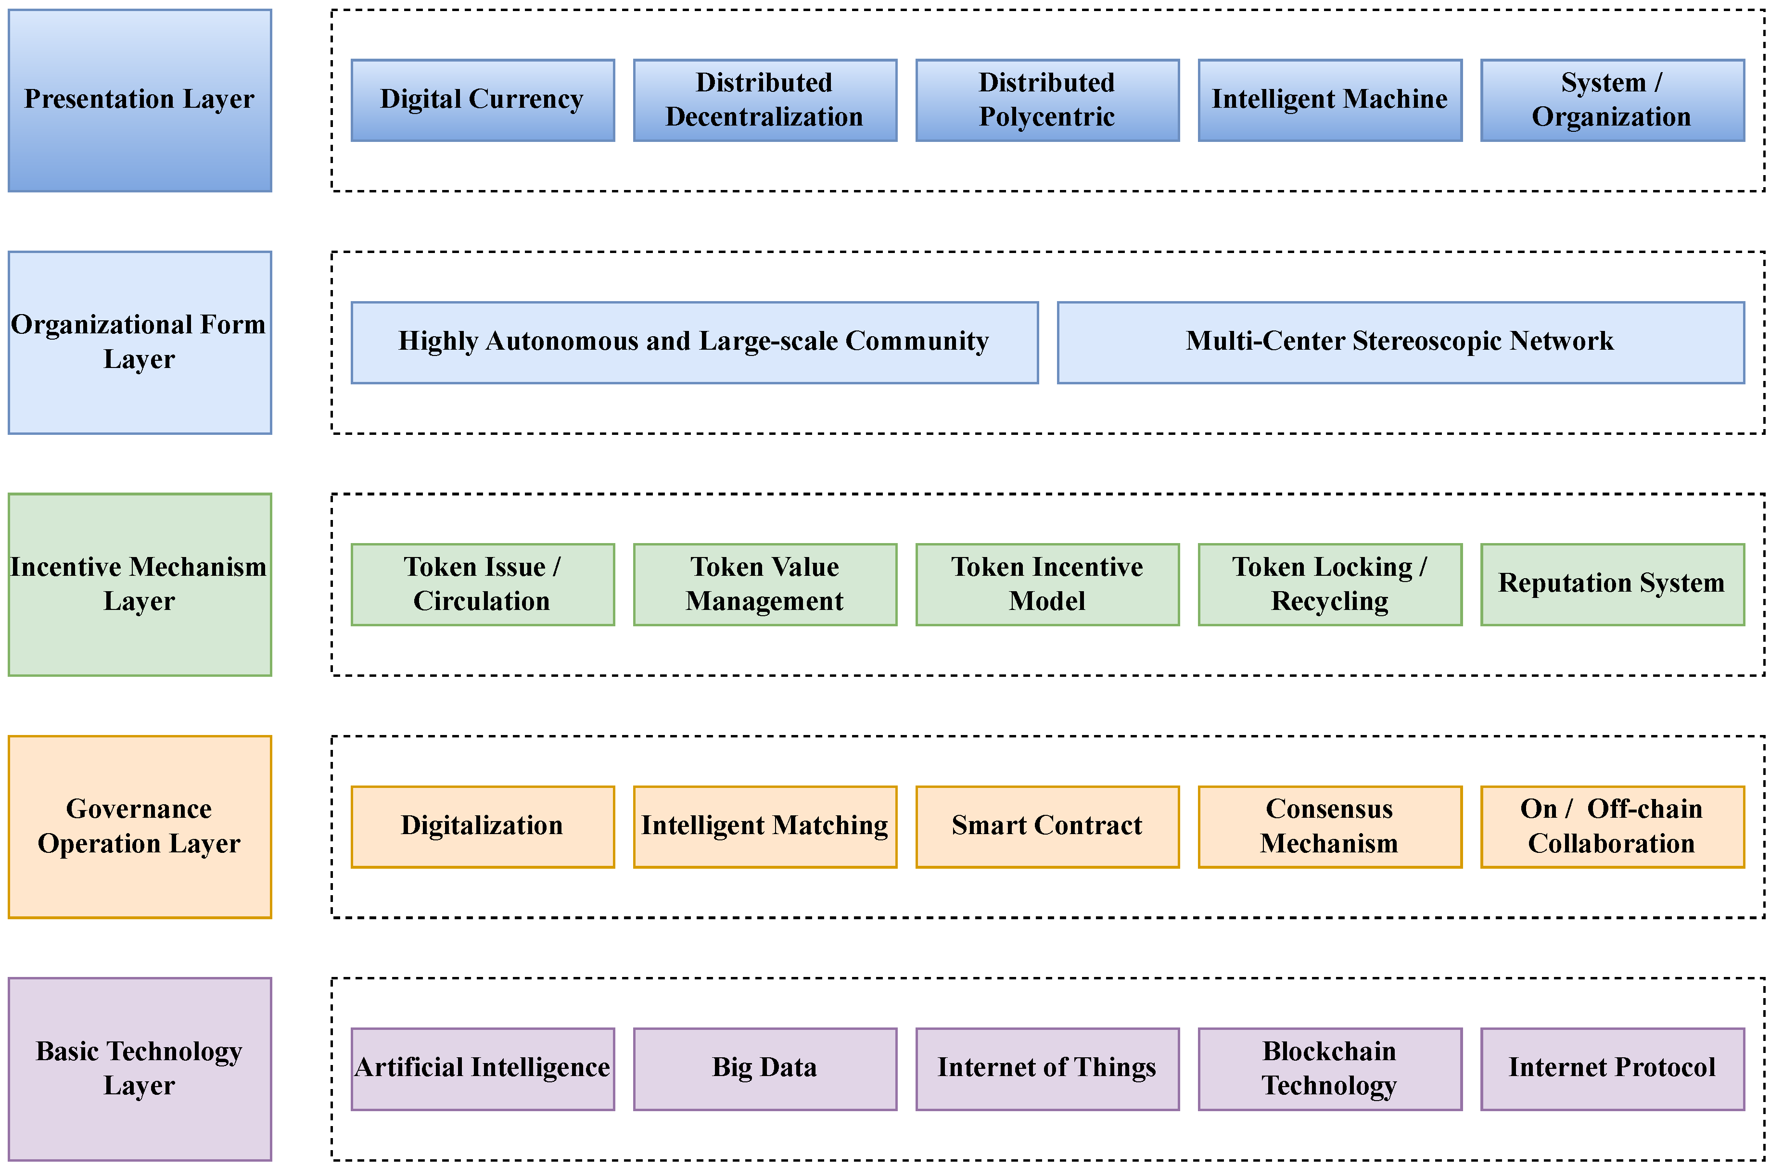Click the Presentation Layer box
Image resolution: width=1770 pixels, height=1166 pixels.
pos(140,101)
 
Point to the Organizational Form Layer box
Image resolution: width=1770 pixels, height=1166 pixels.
pos(140,342)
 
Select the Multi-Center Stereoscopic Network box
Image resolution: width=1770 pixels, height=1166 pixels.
pos(1401,342)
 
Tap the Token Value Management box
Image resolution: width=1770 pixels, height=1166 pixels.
pos(764,584)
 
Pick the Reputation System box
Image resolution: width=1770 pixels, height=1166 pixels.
pos(1612,584)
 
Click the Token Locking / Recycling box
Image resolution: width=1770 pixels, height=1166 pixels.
pos(1330,584)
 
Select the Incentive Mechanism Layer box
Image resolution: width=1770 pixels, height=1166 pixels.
pos(140,584)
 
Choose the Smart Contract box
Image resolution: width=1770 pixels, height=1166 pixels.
pos(1047,826)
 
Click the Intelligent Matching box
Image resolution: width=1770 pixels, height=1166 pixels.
pos(764,826)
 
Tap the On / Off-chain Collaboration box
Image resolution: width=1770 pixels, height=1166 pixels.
pos(1612,826)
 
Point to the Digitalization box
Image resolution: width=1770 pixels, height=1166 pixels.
pos(483,826)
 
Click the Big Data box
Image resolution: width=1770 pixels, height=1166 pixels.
pos(764,1068)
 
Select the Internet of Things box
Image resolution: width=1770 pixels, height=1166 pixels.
pos(1047,1068)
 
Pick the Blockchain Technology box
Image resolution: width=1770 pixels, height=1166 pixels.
pos(1330,1068)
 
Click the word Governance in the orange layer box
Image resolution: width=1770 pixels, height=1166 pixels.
pos(139,809)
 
